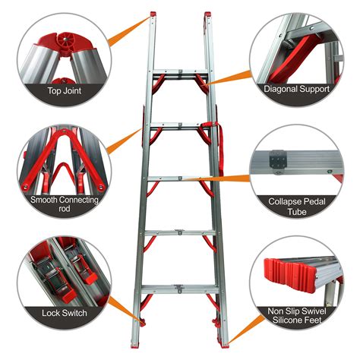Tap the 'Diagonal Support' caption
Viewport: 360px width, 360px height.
tap(298, 89)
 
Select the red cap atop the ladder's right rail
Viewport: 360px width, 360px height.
tap(206, 14)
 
